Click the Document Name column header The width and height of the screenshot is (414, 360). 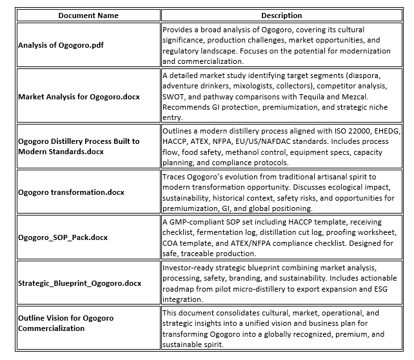pos(88,15)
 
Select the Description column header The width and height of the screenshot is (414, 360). pos(281,15)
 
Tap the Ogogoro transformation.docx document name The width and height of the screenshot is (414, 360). pos(71,192)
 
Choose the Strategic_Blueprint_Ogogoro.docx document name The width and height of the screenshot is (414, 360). pos(79,283)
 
